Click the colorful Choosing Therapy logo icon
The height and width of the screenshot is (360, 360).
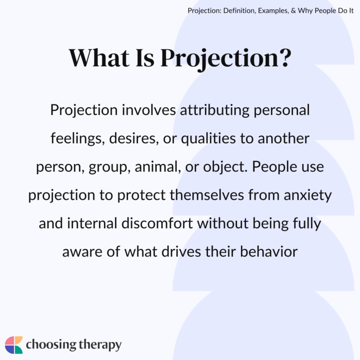14,345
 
